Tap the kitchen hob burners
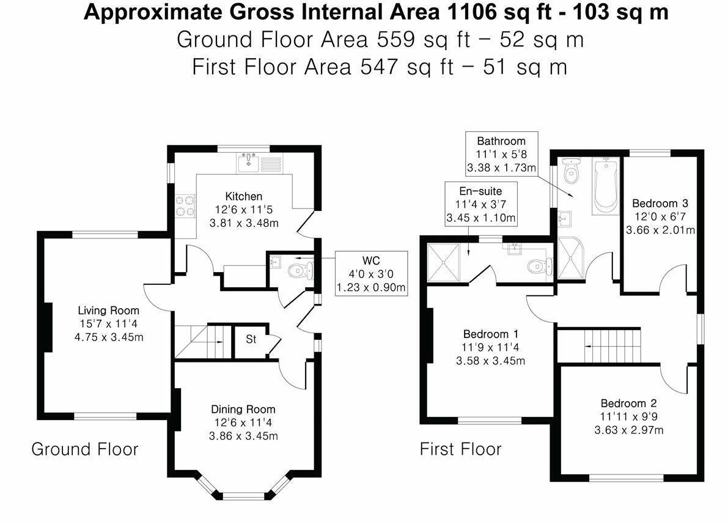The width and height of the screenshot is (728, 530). pos(185,206)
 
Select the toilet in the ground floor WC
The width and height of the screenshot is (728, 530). pos(301,271)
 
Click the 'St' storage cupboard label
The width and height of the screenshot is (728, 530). pos(251,339)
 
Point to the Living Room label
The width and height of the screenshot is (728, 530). pos(108,311)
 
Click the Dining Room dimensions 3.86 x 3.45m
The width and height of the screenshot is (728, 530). pos(243,436)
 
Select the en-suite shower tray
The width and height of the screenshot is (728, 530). pos(443,262)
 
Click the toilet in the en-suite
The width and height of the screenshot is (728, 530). pos(540,266)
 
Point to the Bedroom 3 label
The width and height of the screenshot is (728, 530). pos(660,203)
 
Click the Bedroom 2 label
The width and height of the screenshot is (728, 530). pos(628,403)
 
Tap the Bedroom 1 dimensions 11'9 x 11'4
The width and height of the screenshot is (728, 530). pos(490,347)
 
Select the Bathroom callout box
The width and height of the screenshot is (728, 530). pos(501,154)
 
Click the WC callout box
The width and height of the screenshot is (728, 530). pos(371,274)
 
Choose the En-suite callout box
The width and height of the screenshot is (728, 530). pos(480,204)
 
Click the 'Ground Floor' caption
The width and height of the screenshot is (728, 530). pos(84,449)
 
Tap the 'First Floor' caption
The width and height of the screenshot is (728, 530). pos(460,449)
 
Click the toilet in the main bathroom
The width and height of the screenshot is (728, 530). pos(571,171)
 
